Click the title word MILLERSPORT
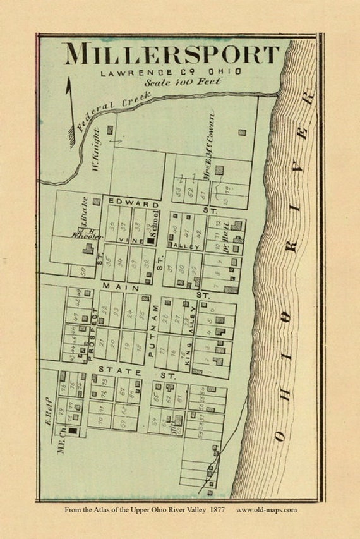171,54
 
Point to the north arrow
69,114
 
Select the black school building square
152,240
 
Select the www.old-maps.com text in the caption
266,510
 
